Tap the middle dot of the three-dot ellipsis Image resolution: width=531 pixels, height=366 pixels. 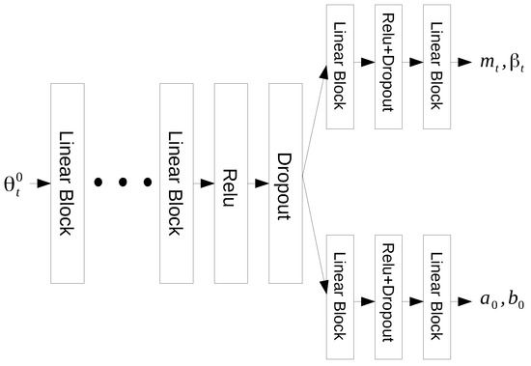[x=124, y=183]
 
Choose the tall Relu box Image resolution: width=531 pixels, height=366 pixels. [x=232, y=183]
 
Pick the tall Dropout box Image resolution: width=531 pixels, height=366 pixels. [x=284, y=183]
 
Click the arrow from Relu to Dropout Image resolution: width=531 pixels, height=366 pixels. [x=258, y=183]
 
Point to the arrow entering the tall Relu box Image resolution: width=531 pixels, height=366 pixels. [x=205, y=183]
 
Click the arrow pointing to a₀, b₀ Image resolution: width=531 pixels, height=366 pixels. [x=467, y=301]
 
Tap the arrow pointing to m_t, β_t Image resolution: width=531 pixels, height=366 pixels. [x=467, y=60]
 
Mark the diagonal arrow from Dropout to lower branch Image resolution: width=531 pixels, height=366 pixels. [x=315, y=238]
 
